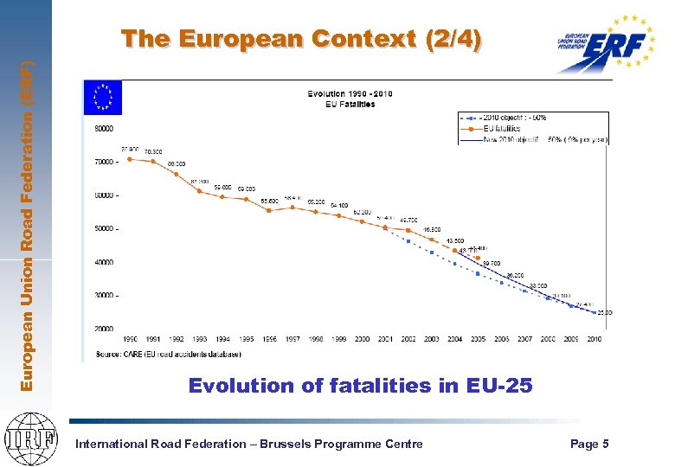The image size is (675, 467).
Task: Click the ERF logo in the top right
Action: pos(605,43)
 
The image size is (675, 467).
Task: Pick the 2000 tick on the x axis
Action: pos(362,339)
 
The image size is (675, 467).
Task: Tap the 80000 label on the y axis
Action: pos(103,128)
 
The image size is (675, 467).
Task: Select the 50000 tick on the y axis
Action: pos(103,228)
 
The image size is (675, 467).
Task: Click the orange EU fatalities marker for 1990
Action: pos(129,158)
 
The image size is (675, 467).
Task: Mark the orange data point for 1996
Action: pos(269,210)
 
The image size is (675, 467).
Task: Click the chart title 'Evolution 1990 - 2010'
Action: pos(341,93)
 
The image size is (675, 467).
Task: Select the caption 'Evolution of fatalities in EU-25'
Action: pos(360,386)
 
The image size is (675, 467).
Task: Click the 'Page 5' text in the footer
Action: pos(588,444)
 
